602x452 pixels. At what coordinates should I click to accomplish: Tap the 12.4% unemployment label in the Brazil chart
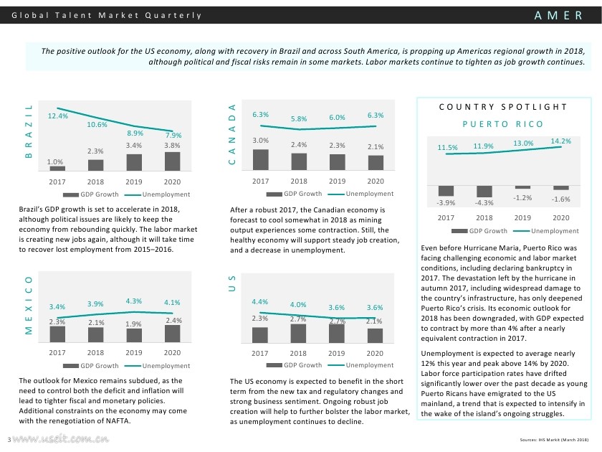(x=58, y=116)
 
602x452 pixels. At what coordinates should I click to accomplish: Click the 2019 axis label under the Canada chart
(x=337, y=182)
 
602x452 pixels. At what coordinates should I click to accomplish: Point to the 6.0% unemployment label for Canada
(x=337, y=117)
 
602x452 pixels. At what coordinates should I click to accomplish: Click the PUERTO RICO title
(x=503, y=124)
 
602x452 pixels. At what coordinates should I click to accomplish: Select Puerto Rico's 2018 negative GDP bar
(x=484, y=192)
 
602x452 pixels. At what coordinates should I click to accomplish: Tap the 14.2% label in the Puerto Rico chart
(x=560, y=141)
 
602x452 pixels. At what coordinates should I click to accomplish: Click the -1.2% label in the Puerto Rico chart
(x=522, y=197)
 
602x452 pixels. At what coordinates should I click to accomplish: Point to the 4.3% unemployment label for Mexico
(x=133, y=301)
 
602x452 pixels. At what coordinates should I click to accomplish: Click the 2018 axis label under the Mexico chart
(x=95, y=353)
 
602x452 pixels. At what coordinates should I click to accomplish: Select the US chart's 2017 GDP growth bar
(x=260, y=335)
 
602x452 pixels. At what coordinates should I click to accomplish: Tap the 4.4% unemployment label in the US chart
(x=260, y=301)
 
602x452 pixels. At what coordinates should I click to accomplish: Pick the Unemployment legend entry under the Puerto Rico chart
(x=555, y=231)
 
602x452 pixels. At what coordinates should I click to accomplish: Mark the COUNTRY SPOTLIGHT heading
(x=503, y=107)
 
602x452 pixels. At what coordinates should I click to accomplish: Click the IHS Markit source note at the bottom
(x=554, y=439)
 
